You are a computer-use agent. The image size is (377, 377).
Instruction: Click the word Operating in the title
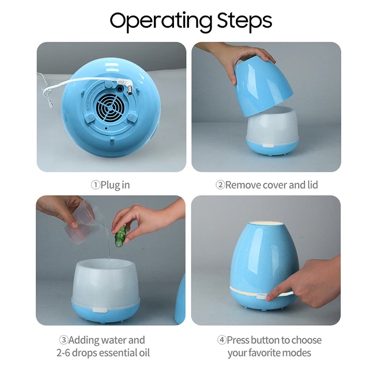click(161, 22)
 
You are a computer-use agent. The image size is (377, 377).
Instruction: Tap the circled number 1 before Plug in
click(96, 185)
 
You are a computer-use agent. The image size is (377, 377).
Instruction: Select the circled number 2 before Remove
click(220, 185)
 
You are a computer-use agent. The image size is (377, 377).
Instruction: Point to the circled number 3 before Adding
click(64, 340)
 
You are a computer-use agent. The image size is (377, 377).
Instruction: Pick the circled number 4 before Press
click(222, 340)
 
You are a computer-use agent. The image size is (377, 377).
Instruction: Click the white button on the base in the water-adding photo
click(100, 310)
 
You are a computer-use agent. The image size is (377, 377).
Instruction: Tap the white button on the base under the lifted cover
click(268, 146)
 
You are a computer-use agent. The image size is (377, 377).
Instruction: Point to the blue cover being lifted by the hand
click(263, 87)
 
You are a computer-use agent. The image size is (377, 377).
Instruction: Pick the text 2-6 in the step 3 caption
click(63, 353)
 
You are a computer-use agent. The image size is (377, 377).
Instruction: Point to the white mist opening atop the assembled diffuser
click(266, 224)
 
